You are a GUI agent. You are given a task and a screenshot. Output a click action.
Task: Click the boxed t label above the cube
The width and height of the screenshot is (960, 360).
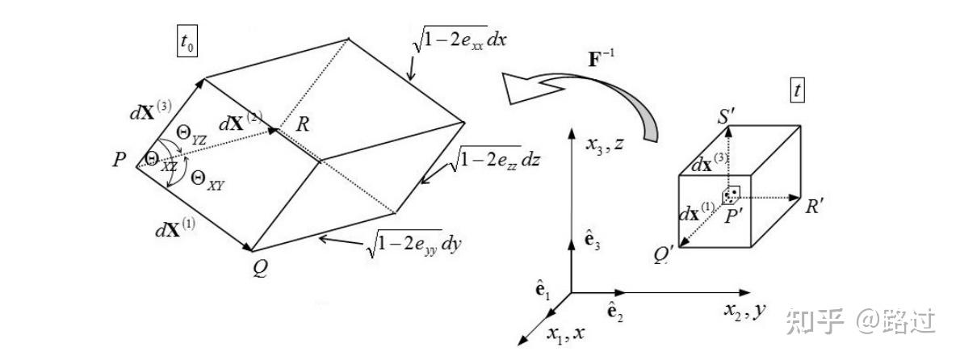click(799, 90)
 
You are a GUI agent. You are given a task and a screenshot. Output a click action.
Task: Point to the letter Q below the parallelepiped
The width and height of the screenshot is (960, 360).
click(259, 269)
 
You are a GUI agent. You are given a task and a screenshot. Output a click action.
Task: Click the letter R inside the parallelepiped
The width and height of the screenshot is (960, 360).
click(303, 125)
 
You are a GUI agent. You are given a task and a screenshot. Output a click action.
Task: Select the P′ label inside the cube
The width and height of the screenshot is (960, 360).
click(736, 214)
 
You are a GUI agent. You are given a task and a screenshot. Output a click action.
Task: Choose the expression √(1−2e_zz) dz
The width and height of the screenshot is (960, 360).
click(493, 159)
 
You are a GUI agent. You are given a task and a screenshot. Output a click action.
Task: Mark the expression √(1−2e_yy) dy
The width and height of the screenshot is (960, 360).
click(413, 242)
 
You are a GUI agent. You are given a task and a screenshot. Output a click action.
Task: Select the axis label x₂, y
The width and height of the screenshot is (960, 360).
click(744, 309)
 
